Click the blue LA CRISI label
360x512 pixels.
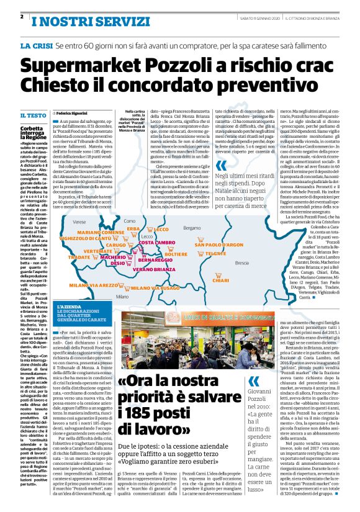coord(35,47)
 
